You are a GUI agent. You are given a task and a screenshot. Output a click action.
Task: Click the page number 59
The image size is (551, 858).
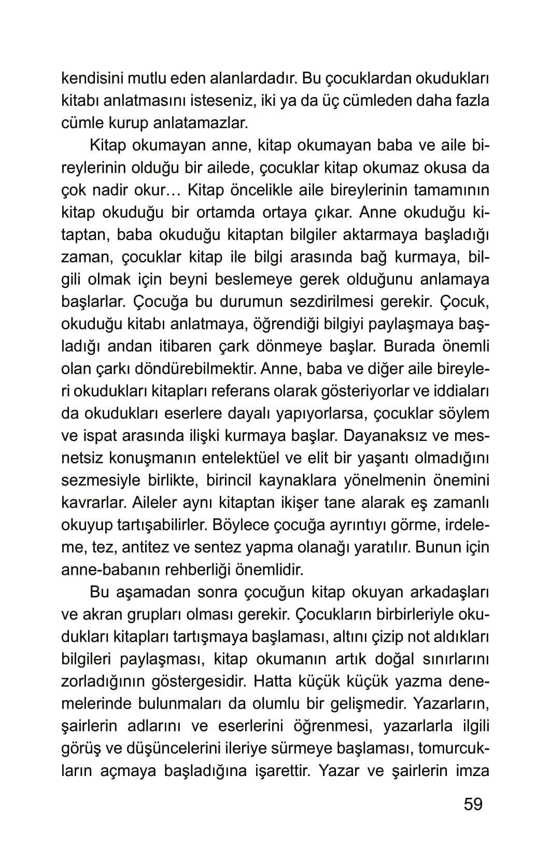473,804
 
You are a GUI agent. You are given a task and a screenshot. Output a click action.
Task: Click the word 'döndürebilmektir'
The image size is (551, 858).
193,369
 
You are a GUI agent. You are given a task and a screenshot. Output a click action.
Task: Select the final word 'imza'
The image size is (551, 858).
472,770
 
